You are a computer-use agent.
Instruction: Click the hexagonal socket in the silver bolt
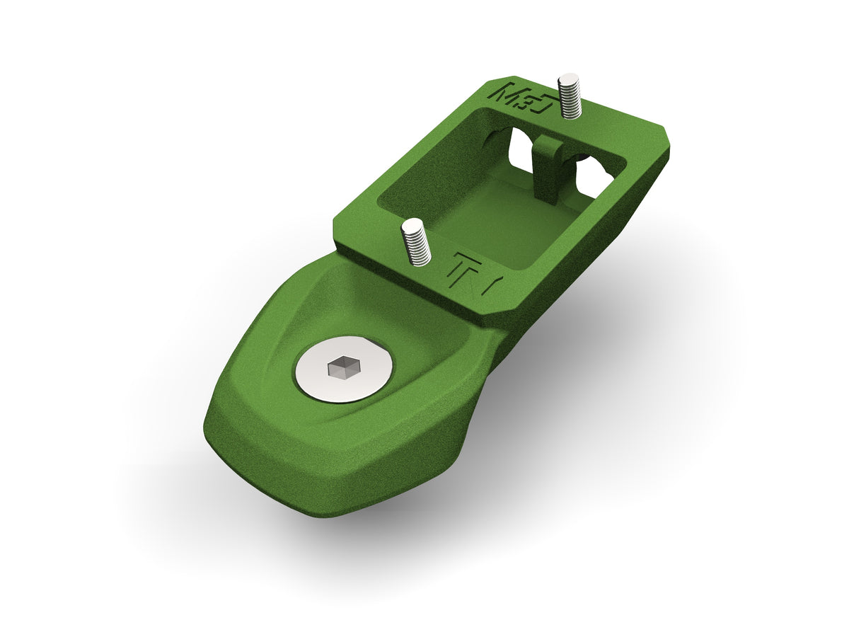(344, 367)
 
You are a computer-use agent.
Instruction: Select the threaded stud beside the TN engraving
(417, 244)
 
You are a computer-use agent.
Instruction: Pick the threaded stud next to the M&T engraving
(570, 98)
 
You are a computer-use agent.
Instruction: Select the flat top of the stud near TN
(412, 224)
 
